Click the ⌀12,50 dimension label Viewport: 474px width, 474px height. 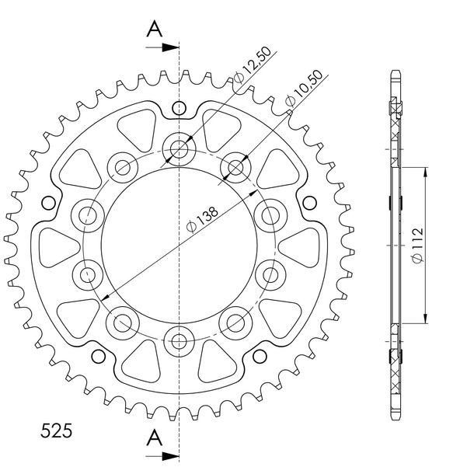(253, 64)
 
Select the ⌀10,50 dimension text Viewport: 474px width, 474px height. (304, 89)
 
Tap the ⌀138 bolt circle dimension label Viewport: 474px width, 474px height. (202, 219)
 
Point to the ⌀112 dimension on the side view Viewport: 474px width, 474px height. (418, 246)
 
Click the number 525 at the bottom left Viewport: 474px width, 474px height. (56, 430)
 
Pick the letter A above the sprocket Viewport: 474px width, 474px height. (155, 29)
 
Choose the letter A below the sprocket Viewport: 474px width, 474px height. (155, 437)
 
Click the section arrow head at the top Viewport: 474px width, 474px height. (170, 47)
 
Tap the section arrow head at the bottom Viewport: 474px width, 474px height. (170, 456)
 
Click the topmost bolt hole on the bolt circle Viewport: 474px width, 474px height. (179, 149)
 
